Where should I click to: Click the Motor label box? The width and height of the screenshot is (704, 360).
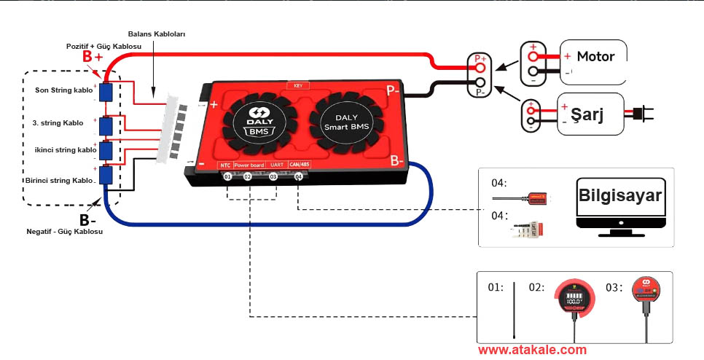(594, 57)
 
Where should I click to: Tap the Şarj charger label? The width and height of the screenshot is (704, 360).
(590, 114)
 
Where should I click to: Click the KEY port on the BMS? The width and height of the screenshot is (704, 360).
(298, 85)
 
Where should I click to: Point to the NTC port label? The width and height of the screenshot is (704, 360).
(226, 165)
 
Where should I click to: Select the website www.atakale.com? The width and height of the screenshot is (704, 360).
(532, 350)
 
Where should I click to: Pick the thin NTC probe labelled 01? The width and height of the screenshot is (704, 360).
(515, 310)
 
